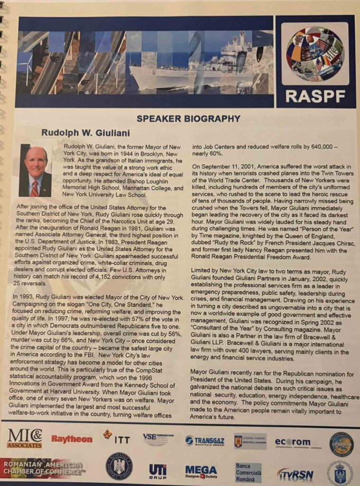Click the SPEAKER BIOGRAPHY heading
coord(188,119)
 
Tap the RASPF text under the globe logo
coord(314,96)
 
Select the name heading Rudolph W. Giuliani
coord(85,133)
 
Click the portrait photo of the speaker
coord(36,171)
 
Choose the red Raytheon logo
coord(72,439)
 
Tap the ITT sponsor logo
coord(117,438)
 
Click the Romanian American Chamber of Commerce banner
coord(44,467)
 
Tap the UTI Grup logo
coord(157,471)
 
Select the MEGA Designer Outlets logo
coord(201,471)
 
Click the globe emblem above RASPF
coord(315,54)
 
